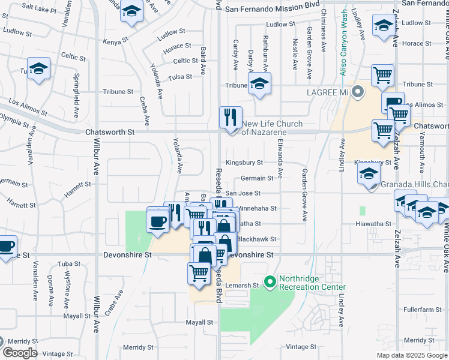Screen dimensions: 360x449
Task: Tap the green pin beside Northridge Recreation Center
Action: click(270, 281)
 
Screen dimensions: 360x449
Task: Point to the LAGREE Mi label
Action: click(328, 92)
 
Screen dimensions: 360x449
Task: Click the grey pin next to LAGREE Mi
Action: click(358, 92)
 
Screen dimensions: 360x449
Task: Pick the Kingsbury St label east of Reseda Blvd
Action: click(244, 163)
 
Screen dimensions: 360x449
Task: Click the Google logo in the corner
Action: click(20, 353)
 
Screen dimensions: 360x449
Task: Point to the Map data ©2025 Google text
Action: click(411, 355)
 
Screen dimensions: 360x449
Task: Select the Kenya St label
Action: click(116, 42)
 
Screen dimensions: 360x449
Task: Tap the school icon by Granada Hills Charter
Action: click(369, 175)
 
